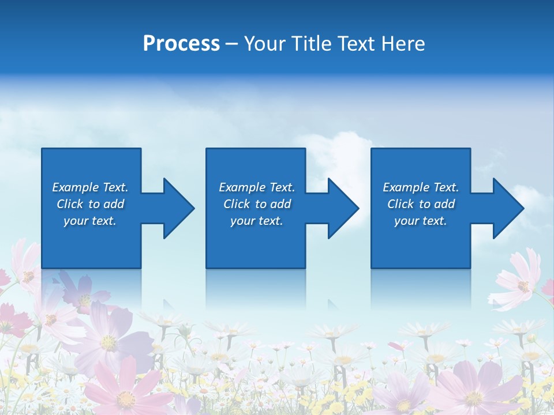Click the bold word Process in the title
181,44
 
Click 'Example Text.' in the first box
90,187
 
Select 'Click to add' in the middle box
257,204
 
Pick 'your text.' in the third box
420,221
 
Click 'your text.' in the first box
90,221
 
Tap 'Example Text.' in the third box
421,187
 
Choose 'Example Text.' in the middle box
257,187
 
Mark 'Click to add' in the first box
90,204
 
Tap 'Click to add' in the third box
421,204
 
